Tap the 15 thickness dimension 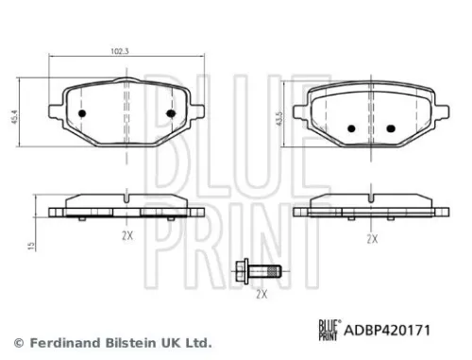click(32, 246)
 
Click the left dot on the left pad click(81, 115)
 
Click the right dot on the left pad click(171, 115)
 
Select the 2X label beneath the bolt click(261, 295)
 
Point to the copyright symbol click(18, 341)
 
